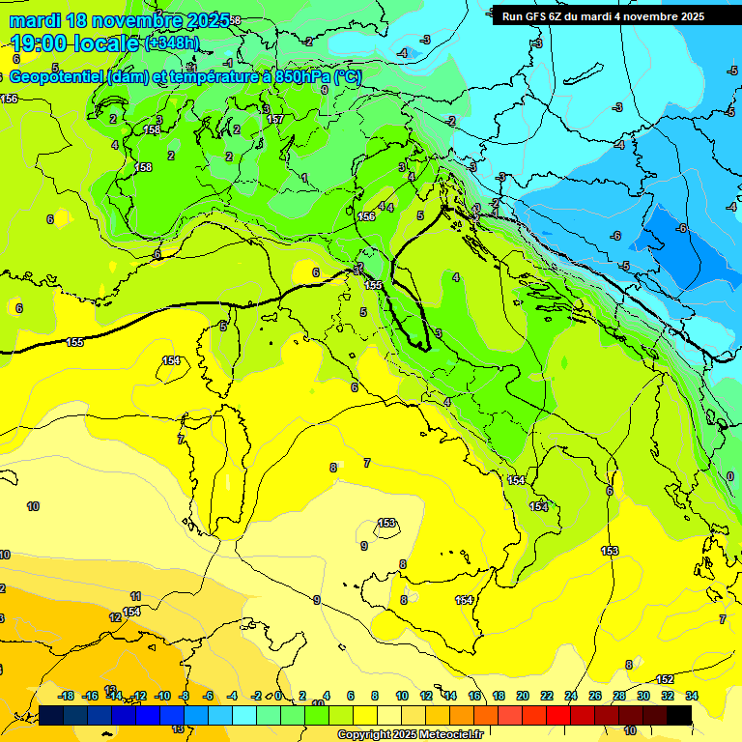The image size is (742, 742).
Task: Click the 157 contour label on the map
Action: point(275,119)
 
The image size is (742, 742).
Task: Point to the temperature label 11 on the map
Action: point(135,596)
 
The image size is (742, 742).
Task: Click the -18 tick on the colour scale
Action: point(66,696)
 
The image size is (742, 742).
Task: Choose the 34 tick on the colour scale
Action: point(691,696)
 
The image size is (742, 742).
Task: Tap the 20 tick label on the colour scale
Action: point(523,696)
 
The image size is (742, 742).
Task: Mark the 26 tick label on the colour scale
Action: point(595,696)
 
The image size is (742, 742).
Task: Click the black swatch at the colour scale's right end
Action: point(679,715)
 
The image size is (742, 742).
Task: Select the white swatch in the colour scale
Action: point(389,715)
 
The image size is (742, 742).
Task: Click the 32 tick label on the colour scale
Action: point(668,696)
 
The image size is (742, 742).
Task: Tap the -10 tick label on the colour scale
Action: point(161,696)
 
